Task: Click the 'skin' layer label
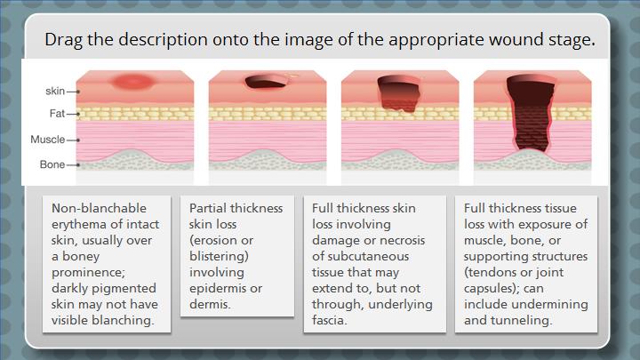point(55,91)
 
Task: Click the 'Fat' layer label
point(57,114)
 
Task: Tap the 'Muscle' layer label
point(48,140)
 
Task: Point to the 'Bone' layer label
point(52,164)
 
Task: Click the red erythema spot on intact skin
point(133,82)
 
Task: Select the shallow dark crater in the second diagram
point(265,82)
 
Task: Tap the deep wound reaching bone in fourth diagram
point(531,113)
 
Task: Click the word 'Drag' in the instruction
point(63,40)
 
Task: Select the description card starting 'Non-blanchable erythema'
point(107,264)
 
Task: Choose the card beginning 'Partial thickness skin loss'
point(237,256)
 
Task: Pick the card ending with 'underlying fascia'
point(375,264)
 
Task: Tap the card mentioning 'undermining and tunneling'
point(526,264)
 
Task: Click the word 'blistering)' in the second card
point(219,256)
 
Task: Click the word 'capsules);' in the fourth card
point(488,289)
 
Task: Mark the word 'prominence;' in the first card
point(89,272)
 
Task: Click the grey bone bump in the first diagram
point(135,159)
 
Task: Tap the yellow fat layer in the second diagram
point(268,114)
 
